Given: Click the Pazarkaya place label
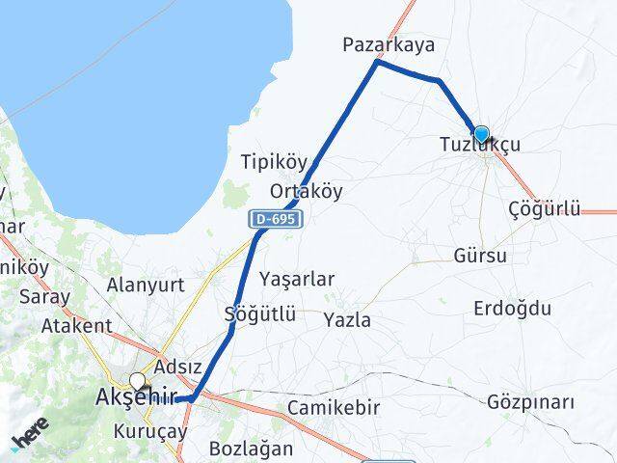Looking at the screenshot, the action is (x=389, y=44).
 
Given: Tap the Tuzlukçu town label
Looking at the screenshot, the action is (x=479, y=145).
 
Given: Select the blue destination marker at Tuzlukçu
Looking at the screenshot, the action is (x=480, y=134).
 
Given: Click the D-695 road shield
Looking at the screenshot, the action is (x=278, y=220).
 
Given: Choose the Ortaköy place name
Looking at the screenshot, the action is (x=307, y=190).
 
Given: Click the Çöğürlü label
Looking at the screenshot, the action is (x=545, y=209).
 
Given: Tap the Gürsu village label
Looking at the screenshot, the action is (x=479, y=256).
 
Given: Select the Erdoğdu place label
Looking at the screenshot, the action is (x=513, y=309).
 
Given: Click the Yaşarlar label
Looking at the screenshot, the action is (x=297, y=279).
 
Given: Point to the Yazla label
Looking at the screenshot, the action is (x=347, y=319).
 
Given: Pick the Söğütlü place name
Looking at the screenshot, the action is (x=259, y=313).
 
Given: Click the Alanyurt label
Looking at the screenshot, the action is (x=145, y=285).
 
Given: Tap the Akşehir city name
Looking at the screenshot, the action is (x=135, y=396).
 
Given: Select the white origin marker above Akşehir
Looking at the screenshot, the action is (x=139, y=380).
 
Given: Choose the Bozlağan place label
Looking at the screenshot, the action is (x=251, y=449).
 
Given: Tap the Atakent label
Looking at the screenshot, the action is (x=76, y=325).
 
